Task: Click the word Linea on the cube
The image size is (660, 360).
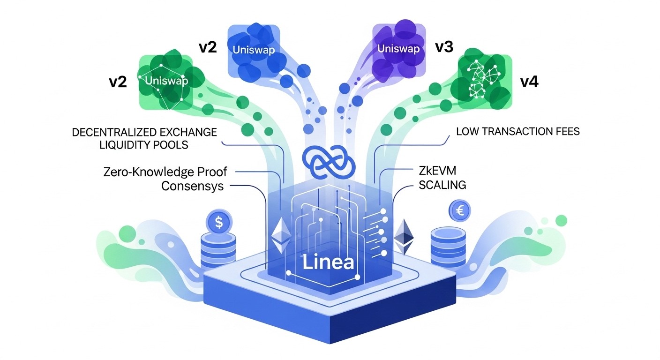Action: point(328,262)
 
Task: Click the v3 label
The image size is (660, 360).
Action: point(444,47)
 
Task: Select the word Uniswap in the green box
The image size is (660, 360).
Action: point(166,81)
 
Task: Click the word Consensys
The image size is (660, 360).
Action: point(192,186)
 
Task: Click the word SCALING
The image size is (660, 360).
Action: point(442,185)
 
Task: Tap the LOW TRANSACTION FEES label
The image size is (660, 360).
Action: point(518,131)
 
